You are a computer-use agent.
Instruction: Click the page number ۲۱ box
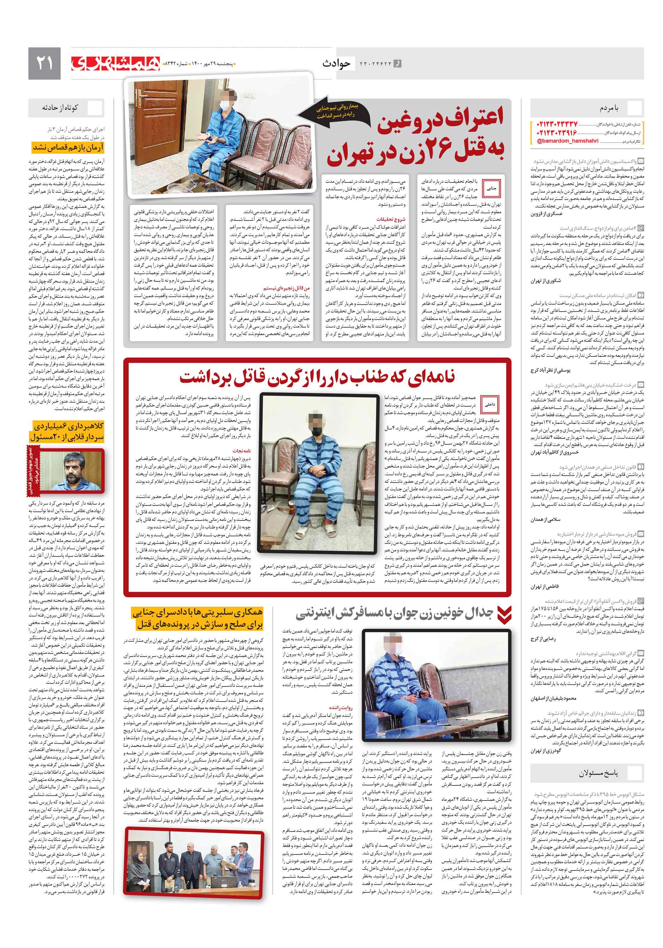44,63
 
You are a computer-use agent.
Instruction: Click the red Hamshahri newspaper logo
115,63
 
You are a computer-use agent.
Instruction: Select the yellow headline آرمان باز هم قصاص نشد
68,147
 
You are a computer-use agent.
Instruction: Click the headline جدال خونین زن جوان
394,614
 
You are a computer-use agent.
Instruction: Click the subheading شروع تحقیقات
390,219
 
